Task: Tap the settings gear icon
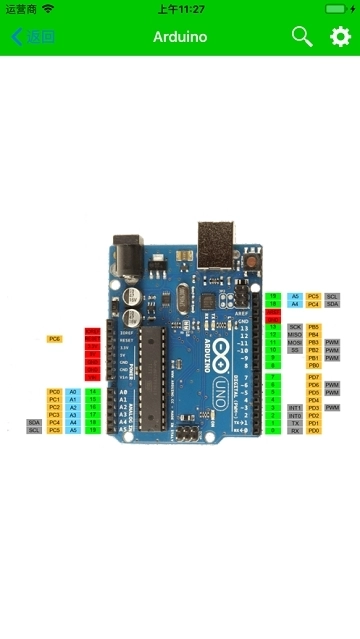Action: tap(340, 37)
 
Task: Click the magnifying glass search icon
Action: tap(301, 37)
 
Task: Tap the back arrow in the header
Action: tap(17, 37)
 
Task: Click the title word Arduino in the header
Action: tap(180, 37)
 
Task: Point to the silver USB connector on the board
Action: tap(215, 240)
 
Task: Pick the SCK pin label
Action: tap(295, 327)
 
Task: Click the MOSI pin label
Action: tap(295, 343)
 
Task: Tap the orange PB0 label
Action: tap(313, 366)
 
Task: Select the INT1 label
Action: tap(295, 408)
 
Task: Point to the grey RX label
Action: tap(295, 431)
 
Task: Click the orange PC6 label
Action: tap(54, 339)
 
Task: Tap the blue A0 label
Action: tap(73, 392)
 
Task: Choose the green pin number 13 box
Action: tap(273, 327)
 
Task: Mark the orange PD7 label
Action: tap(313, 377)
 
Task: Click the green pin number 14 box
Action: tap(92, 392)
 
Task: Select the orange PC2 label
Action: tap(54, 407)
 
